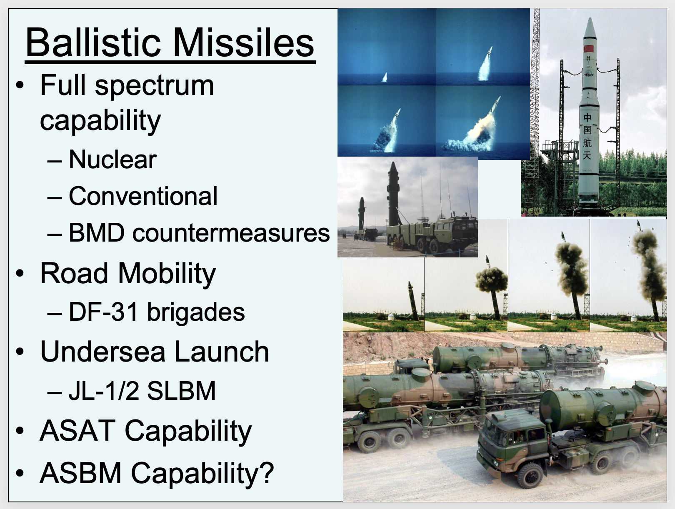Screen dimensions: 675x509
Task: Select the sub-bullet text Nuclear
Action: [x=113, y=160]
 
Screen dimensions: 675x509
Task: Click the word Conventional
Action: [x=143, y=196]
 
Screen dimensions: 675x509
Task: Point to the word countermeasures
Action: [x=231, y=233]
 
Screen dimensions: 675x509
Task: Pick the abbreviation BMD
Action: [x=97, y=232]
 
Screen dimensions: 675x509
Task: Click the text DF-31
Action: [x=103, y=312]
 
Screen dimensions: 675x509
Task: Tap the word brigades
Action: [x=196, y=312]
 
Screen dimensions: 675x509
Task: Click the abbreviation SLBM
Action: [x=181, y=391]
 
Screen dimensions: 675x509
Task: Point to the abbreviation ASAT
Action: [x=77, y=431]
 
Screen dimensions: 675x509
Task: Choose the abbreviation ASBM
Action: [x=80, y=473]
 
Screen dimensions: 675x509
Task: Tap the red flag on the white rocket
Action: [x=589, y=49]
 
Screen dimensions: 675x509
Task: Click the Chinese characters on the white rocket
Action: [x=587, y=137]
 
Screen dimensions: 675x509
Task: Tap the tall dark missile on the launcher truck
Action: [x=393, y=194]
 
